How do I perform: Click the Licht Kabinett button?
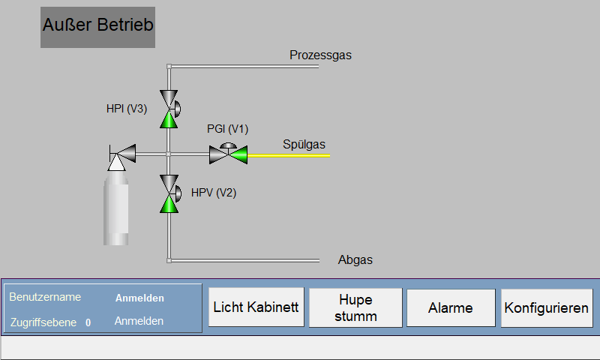tap(256, 307)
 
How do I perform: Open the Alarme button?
tap(451, 308)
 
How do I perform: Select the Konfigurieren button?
tap(547, 308)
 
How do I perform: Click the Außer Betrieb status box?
tap(98, 27)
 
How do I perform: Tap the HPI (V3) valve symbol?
tap(169, 109)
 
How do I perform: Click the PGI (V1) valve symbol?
tap(229, 154)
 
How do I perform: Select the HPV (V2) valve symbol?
tap(169, 193)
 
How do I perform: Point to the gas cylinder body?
tap(116, 208)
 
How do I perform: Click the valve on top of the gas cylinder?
tap(122, 157)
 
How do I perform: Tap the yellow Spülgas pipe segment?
tap(289, 156)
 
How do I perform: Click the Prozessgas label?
tap(320, 55)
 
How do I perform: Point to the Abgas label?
tap(355, 259)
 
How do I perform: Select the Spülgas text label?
tap(304, 144)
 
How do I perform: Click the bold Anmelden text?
tap(139, 298)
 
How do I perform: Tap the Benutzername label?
tap(45, 297)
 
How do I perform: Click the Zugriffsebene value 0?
tap(88, 323)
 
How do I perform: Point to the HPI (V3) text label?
tap(127, 109)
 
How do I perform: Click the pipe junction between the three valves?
tap(168, 154)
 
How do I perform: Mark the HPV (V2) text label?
tap(214, 193)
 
